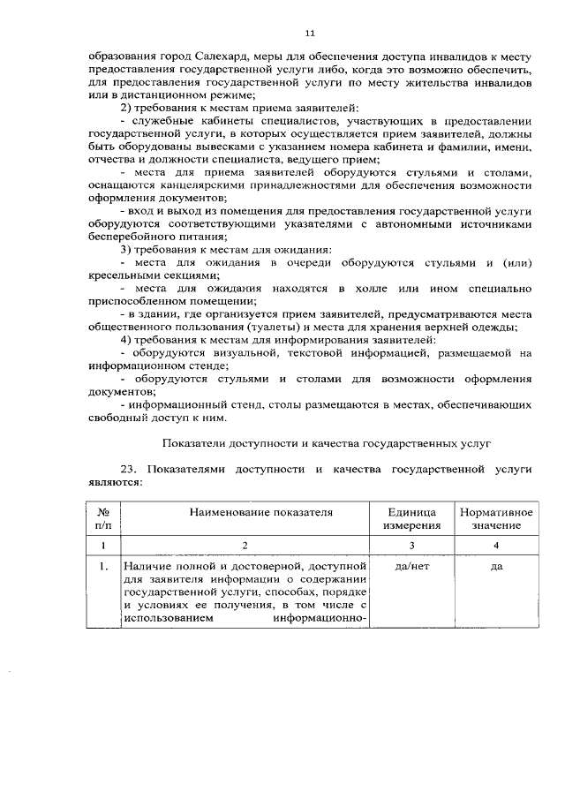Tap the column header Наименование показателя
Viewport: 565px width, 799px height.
(x=247, y=512)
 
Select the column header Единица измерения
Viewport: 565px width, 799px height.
(x=411, y=518)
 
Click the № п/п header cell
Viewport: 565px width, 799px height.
(x=103, y=518)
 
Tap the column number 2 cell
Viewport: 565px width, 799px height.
(x=247, y=546)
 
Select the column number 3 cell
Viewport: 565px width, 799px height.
(x=411, y=546)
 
